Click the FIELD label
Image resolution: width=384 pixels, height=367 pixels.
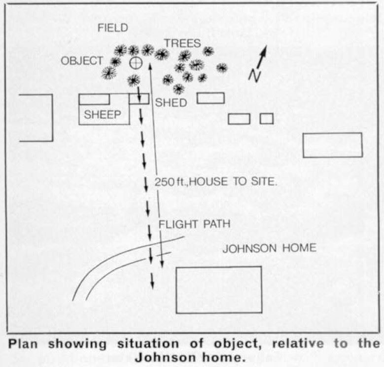113,28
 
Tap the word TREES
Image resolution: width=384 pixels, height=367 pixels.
182,43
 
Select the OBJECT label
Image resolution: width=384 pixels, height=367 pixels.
82,61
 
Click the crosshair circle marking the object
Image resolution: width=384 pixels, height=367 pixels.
136,63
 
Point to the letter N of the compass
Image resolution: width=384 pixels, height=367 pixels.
255,75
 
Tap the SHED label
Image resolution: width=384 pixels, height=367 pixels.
171,103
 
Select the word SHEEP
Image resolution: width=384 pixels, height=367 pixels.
103,115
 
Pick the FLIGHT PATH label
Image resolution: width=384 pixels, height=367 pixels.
194,224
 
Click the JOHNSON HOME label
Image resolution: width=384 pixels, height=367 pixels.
269,248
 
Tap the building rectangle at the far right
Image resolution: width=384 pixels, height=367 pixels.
333,133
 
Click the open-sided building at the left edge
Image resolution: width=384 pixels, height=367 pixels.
52,118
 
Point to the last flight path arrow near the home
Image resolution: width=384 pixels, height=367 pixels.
152,281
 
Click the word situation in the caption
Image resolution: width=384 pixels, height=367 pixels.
148,344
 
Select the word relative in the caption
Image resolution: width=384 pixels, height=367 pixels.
298,343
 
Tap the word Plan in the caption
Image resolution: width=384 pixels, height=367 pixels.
23,344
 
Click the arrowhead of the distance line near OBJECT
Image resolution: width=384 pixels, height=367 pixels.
150,65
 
